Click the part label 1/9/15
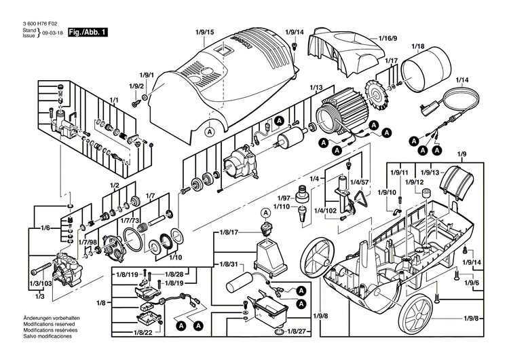click(x=204, y=32)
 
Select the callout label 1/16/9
click(x=388, y=38)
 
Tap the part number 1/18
click(x=417, y=46)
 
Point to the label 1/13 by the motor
click(x=316, y=88)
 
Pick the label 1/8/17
click(x=228, y=233)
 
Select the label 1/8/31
click(x=228, y=264)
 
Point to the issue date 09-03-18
click(x=52, y=32)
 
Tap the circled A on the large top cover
click(x=210, y=131)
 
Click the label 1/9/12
click(x=415, y=182)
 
